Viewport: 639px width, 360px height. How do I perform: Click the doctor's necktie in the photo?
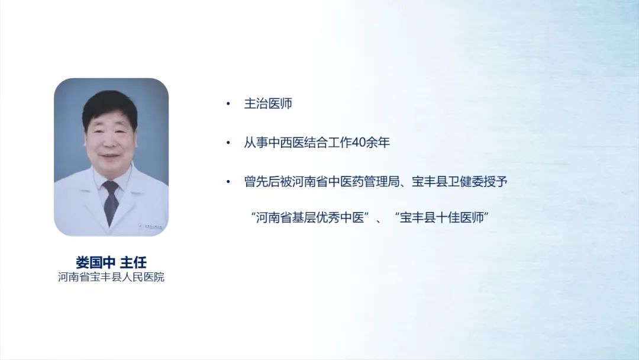(x=111, y=202)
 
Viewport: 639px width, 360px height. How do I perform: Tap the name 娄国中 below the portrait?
(x=95, y=262)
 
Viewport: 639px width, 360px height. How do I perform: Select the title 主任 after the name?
(x=133, y=262)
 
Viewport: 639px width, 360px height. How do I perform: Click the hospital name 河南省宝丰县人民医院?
(x=111, y=277)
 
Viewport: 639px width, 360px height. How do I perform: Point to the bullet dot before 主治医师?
(x=228, y=104)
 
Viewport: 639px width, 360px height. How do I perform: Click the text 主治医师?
(x=268, y=104)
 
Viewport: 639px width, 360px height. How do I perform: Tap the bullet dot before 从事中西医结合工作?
(x=228, y=143)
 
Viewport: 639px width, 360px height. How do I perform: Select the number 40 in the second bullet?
(x=359, y=142)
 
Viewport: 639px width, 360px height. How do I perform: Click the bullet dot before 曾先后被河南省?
(x=228, y=182)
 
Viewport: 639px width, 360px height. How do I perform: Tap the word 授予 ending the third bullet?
(x=496, y=181)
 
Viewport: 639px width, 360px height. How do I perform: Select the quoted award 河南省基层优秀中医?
(x=310, y=217)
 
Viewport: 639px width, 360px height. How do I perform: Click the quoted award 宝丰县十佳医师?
(x=442, y=217)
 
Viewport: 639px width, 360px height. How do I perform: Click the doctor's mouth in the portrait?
(x=109, y=156)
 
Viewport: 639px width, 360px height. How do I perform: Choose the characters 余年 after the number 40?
(x=378, y=142)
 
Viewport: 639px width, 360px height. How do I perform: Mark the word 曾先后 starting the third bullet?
(x=262, y=181)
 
